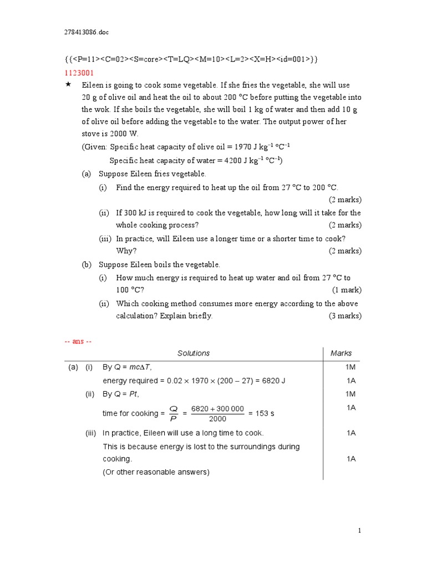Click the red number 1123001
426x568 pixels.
coord(79,73)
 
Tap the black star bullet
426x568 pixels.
coord(68,84)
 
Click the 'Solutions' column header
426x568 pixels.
coord(194,353)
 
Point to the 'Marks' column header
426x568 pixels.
coord(341,353)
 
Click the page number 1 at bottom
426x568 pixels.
coord(359,531)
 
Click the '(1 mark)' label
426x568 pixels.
coord(347,290)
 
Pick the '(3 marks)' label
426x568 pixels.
coord(344,316)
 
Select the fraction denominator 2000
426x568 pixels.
coord(217,419)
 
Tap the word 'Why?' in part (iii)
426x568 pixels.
coord(126,251)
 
